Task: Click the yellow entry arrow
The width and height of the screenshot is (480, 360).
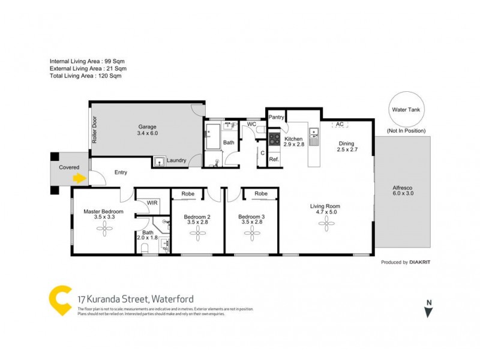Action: [x=79, y=178]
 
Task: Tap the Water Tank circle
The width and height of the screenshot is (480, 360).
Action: [x=406, y=110]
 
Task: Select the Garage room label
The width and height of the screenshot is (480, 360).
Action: [x=147, y=130]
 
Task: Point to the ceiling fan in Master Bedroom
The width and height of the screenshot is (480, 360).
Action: [x=105, y=228]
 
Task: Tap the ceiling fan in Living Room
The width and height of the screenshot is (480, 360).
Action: [x=327, y=224]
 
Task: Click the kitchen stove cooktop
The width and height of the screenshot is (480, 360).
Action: [x=274, y=139]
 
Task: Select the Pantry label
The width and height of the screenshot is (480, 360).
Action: [x=276, y=117]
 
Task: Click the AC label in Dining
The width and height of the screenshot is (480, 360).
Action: [x=340, y=124]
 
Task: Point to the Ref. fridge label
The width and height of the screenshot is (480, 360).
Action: [x=274, y=159]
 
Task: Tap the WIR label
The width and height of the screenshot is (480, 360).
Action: [x=152, y=203]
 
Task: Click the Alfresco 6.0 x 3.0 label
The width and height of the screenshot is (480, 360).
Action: [x=403, y=190]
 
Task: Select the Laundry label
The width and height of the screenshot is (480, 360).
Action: [x=176, y=160]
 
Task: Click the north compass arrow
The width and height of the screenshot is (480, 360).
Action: [x=427, y=311]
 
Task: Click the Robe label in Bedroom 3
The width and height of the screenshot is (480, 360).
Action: [x=260, y=194]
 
